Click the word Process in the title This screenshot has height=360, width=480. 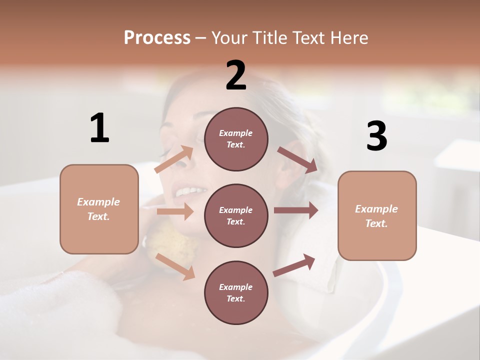(x=157, y=37)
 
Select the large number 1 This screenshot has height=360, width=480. (x=99, y=128)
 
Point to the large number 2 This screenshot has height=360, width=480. (x=236, y=75)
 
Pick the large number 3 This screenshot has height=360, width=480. (x=376, y=136)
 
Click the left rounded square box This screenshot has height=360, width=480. (x=99, y=209)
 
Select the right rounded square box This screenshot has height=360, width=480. (x=377, y=215)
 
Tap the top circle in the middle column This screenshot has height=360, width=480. (x=236, y=139)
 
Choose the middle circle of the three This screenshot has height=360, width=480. (x=236, y=215)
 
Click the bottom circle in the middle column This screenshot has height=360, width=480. (x=236, y=292)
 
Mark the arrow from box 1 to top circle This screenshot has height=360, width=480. (x=174, y=159)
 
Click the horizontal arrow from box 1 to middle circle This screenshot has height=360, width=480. (x=175, y=211)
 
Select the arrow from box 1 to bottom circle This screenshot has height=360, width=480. (x=175, y=266)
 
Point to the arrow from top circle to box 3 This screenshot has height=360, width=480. (x=297, y=159)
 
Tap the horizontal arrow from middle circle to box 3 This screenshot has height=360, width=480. (x=296, y=210)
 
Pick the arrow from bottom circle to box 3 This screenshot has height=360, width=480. (x=294, y=265)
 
